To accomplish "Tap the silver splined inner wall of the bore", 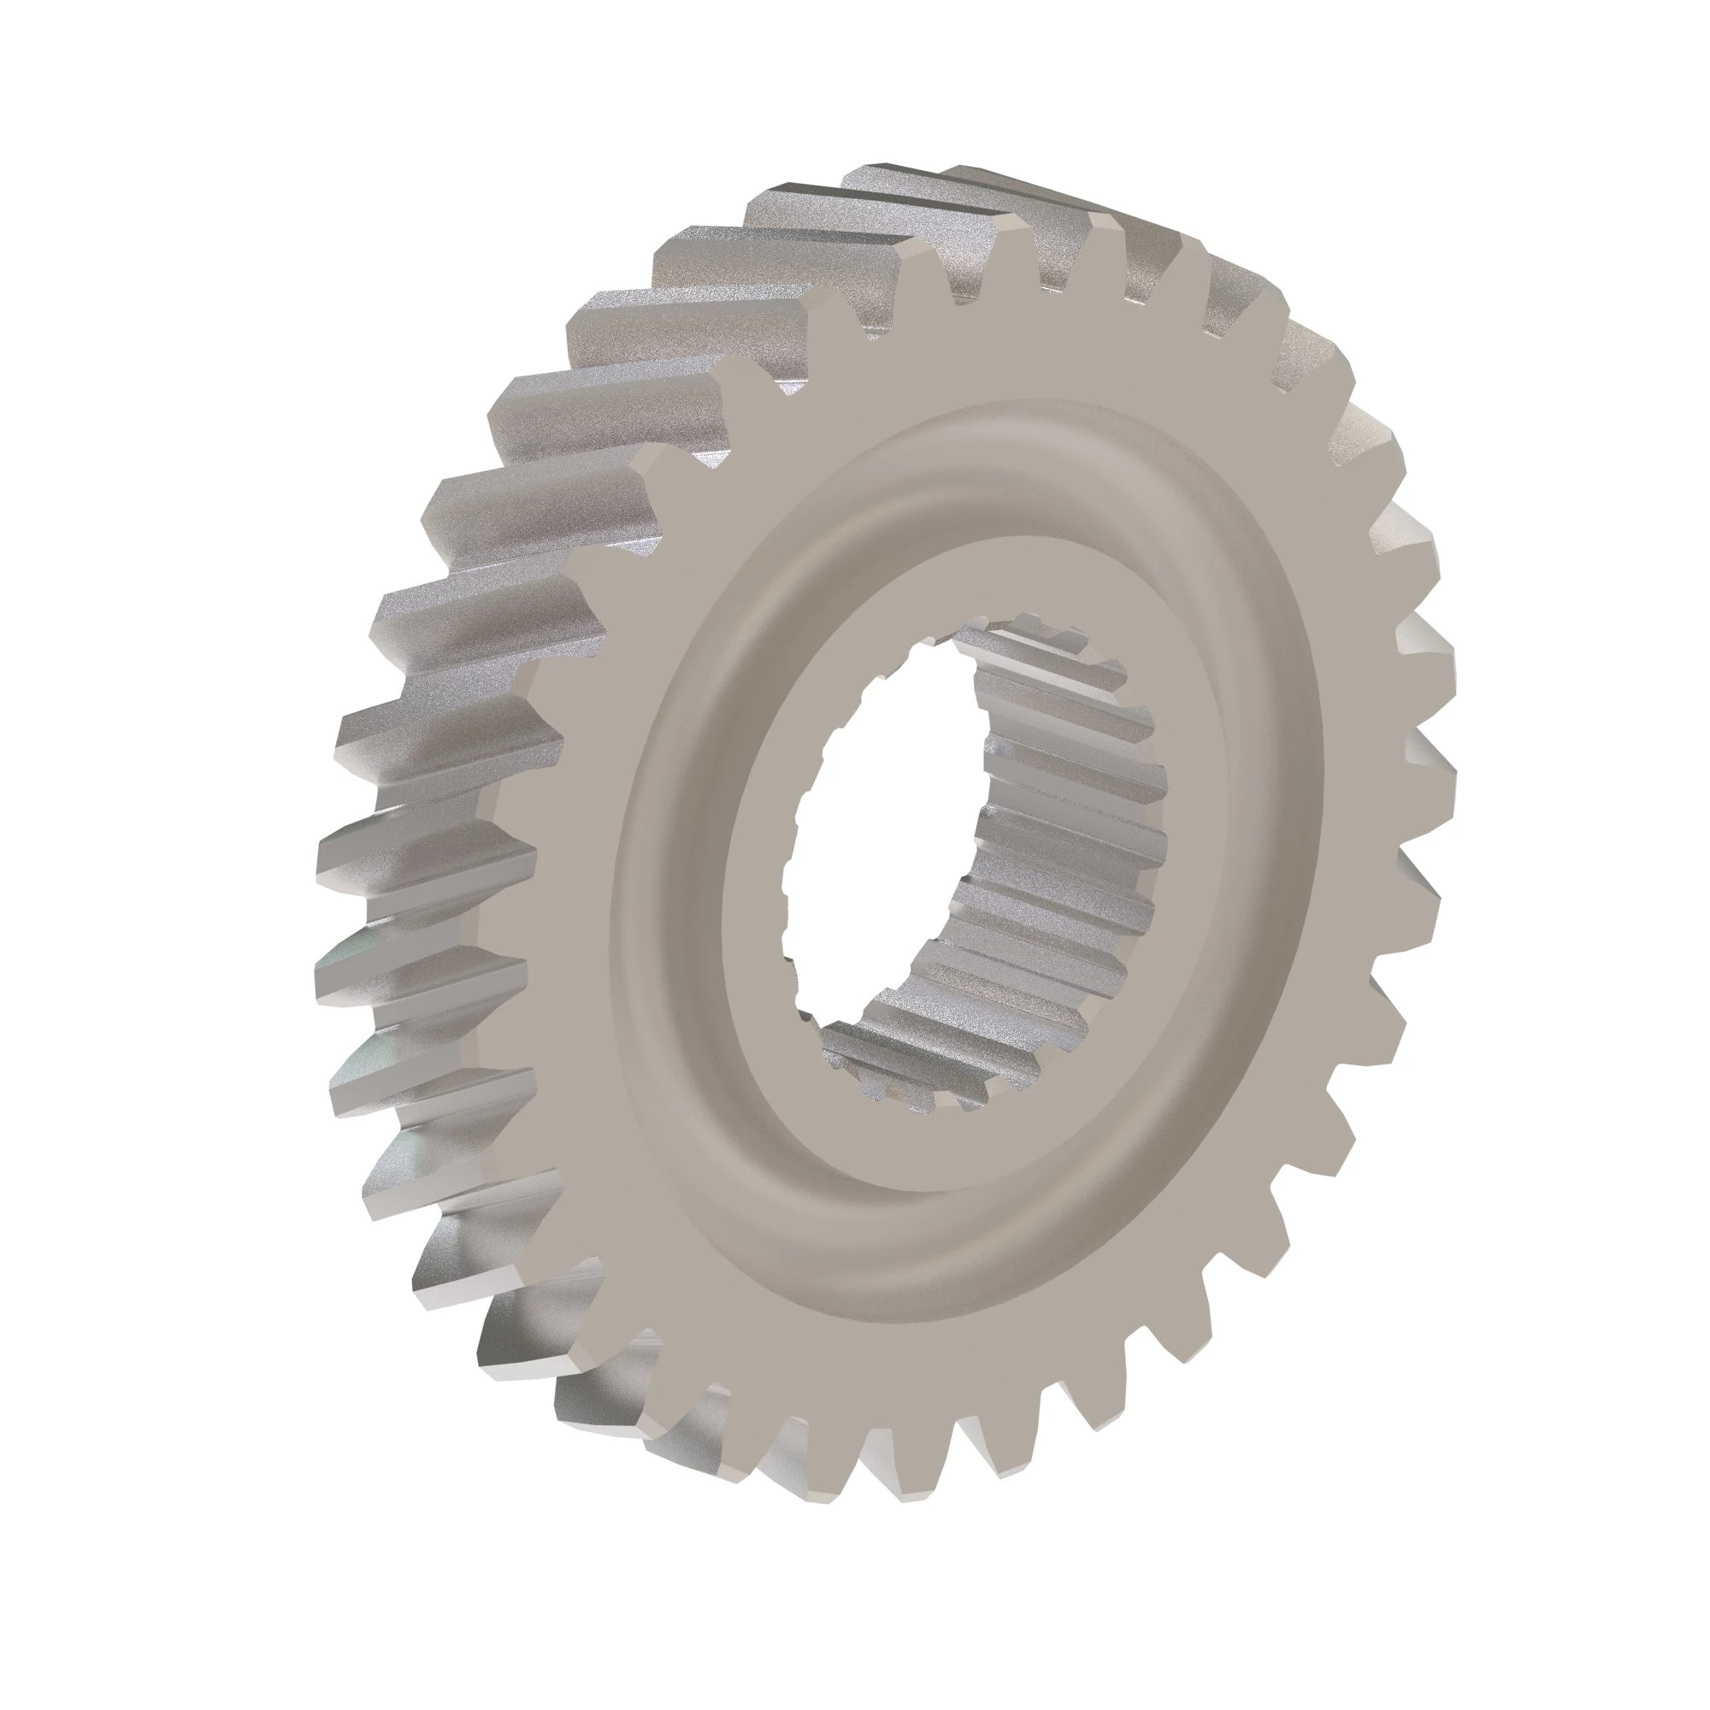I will click(1062, 840).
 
